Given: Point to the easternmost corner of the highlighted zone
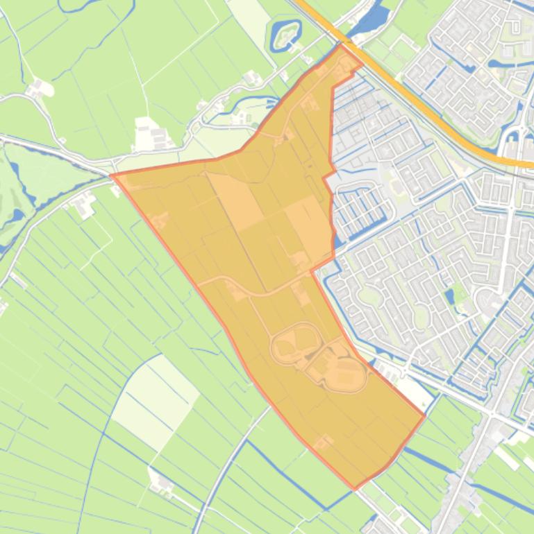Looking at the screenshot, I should [x=424, y=416].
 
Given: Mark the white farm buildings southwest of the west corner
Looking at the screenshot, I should [x=85, y=203].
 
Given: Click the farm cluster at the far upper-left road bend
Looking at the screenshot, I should [x=39, y=88].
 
